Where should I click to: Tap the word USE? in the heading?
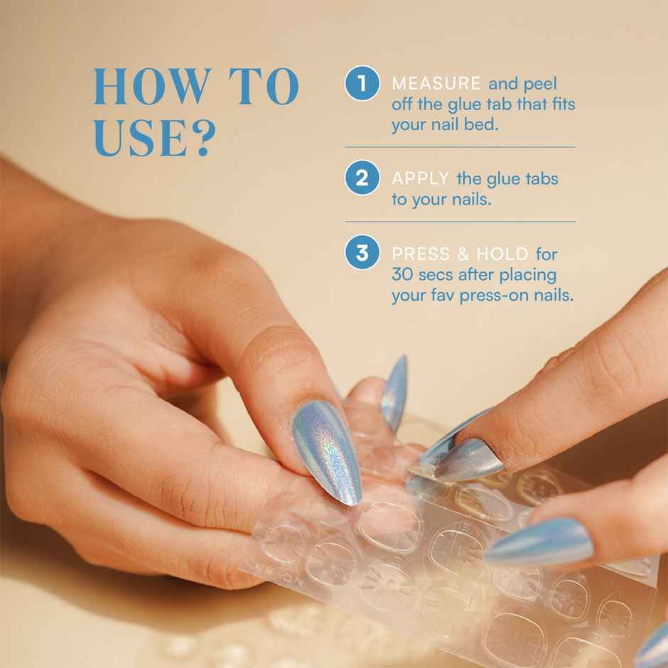click(153, 138)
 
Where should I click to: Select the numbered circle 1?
click(362, 84)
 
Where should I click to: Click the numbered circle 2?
click(362, 178)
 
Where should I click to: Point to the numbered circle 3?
click(362, 253)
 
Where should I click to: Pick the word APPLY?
click(420, 178)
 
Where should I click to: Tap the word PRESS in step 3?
click(421, 254)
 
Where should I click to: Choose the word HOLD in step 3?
click(502, 254)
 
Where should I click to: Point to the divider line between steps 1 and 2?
click(460, 147)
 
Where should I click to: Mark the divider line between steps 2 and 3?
click(460, 222)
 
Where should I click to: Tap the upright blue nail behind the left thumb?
click(394, 391)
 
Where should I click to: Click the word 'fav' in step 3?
click(441, 295)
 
